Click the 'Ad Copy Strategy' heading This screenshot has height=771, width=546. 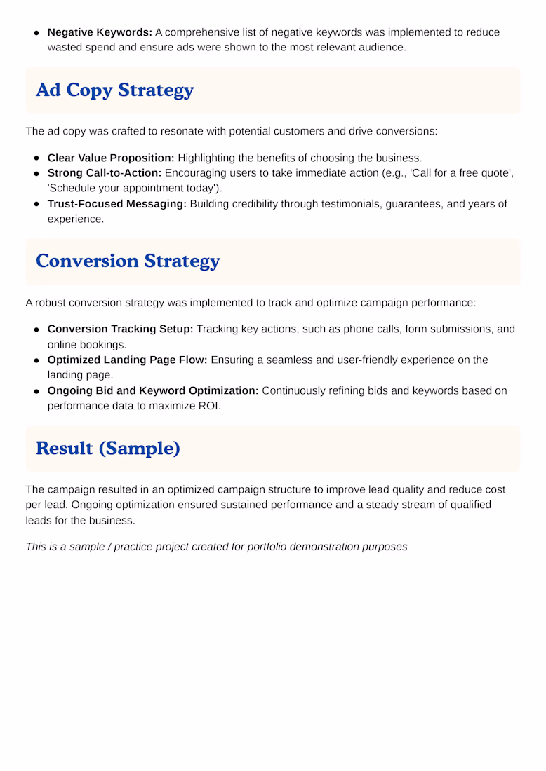coord(114,90)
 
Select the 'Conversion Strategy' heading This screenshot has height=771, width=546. coord(128,261)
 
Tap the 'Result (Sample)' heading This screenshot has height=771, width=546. coord(107,448)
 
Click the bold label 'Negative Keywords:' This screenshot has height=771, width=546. coord(100,32)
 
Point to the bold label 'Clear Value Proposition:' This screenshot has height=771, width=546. coord(111,158)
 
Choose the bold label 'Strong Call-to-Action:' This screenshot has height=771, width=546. coord(105,173)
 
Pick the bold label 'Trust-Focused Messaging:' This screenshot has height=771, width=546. coord(117,204)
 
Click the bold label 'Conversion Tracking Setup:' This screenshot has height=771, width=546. coord(120,329)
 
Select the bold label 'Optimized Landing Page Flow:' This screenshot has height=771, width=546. coord(128,360)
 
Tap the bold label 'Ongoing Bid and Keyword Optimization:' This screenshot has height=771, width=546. coord(153,390)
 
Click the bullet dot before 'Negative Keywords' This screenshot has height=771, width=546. coord(36,32)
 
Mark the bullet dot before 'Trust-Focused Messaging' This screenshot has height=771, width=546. coord(36,204)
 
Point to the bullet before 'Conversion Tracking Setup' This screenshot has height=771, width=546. coord(36,329)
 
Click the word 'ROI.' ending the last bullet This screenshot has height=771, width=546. coord(208,406)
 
